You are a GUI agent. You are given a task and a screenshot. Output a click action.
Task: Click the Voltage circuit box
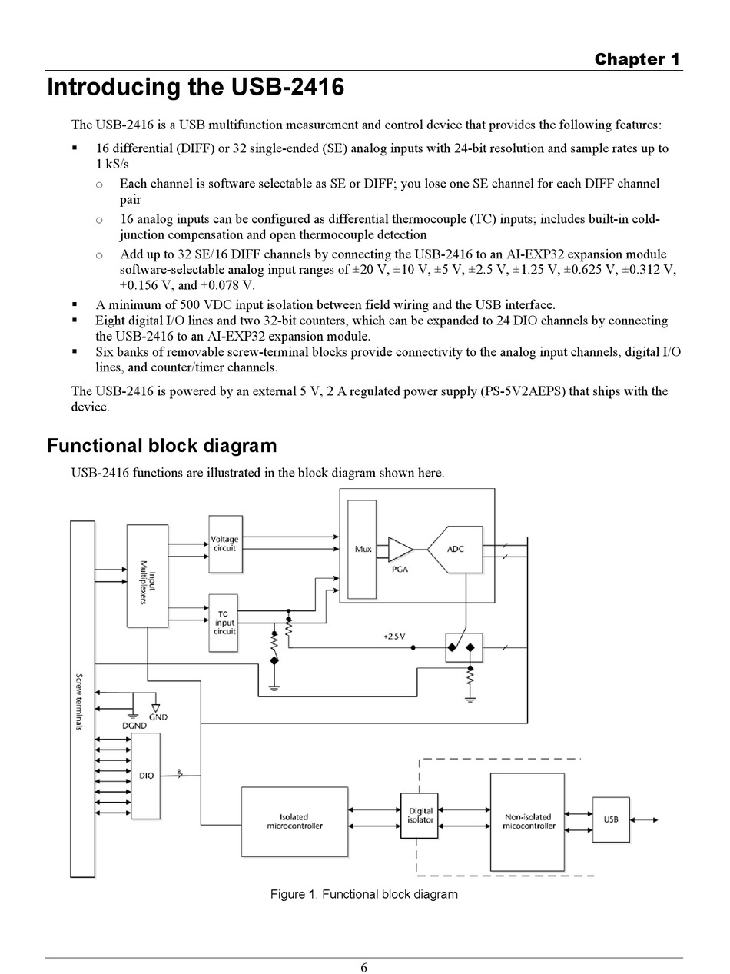(x=225, y=544)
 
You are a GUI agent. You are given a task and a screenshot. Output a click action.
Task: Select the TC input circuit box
(x=223, y=623)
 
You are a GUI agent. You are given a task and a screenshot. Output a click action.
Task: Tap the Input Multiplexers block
(x=148, y=576)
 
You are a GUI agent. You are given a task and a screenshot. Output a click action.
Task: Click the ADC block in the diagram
(x=456, y=550)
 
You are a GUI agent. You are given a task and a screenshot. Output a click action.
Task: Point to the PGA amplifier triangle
(x=400, y=550)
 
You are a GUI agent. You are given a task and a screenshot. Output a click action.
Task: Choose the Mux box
(x=362, y=550)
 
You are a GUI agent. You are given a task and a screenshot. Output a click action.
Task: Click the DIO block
(x=146, y=776)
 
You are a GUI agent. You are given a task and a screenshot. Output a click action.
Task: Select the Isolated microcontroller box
(x=294, y=821)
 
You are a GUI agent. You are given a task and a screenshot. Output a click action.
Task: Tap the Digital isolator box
(x=419, y=816)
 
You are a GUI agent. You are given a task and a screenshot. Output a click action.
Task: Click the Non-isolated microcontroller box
(x=527, y=822)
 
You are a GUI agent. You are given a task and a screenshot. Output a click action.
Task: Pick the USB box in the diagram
(x=611, y=819)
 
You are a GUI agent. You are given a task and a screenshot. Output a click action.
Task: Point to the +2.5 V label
(x=394, y=637)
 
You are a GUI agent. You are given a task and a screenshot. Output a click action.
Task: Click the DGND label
(x=134, y=726)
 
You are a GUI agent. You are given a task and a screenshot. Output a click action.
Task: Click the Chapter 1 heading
(x=637, y=59)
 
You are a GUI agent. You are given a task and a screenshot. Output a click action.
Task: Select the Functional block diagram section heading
(x=162, y=446)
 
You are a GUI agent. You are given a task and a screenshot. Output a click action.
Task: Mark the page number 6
(x=363, y=967)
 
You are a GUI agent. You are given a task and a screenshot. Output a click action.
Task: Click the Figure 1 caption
(x=363, y=894)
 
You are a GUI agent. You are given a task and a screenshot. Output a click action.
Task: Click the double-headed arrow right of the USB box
(x=644, y=820)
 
